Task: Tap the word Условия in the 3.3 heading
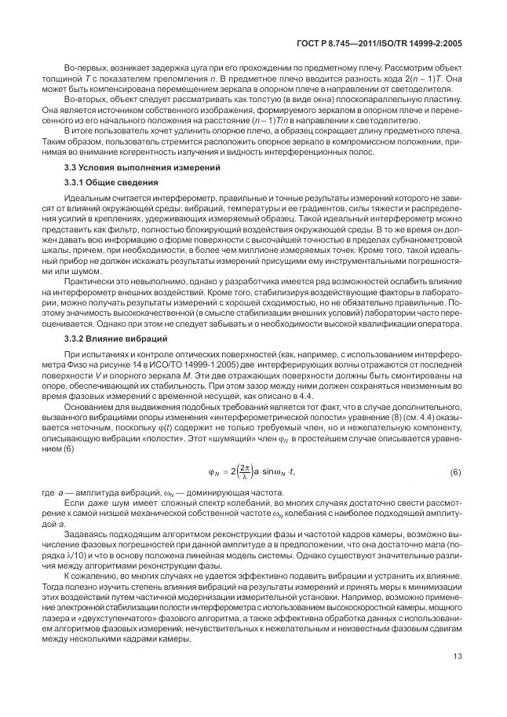pyautogui.click(x=105, y=167)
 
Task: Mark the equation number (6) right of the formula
pyautogui.click(x=455, y=493)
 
